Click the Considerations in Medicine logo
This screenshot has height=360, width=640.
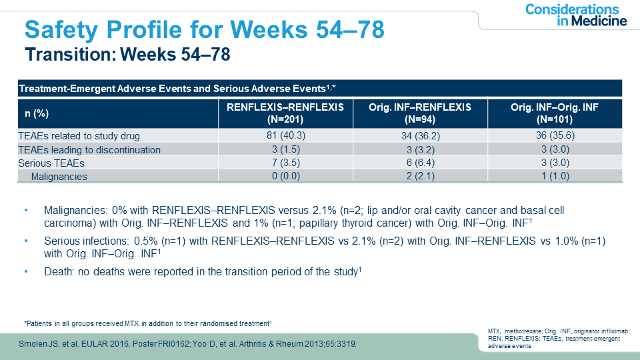575,15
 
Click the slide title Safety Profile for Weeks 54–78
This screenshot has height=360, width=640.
203,30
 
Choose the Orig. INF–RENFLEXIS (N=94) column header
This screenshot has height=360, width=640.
421,113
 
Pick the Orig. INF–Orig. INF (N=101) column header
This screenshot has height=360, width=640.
555,113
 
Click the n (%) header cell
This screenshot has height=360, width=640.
33,113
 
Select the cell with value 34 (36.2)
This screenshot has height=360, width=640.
421,135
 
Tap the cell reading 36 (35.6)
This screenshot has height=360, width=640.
555,135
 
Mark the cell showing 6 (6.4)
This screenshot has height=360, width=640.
421,163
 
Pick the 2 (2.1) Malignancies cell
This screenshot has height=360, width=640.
421,177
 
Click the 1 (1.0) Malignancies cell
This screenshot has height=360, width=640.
555,177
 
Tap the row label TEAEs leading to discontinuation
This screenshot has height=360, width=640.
89,149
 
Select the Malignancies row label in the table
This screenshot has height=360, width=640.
59,177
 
